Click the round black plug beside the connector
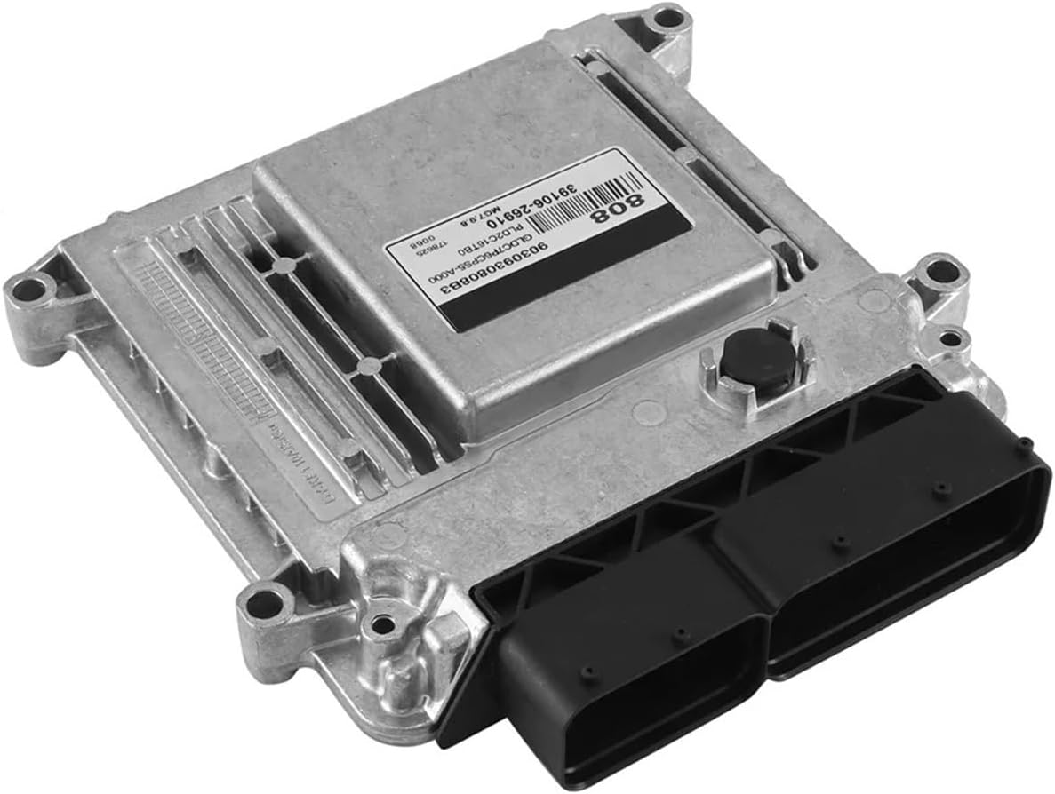[x=746, y=356]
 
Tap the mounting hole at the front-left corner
[x=265, y=605]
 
